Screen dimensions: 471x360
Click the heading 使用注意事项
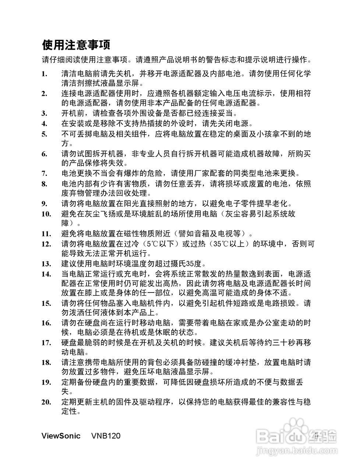(x=76, y=45)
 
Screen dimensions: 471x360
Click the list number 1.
(x=44, y=74)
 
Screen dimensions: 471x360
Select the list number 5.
(x=44, y=134)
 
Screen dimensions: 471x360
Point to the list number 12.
(x=46, y=244)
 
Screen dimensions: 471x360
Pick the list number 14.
(x=46, y=274)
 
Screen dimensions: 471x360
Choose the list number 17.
(x=46, y=343)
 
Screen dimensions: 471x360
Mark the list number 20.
(x=46, y=402)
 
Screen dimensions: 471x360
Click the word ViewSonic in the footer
(x=61, y=436)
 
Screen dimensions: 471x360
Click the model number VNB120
(x=105, y=436)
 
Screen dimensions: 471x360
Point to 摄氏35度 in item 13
(x=186, y=263)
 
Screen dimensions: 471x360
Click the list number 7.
(x=44, y=174)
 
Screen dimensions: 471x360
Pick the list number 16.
(x=46, y=323)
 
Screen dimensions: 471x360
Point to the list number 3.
(x=44, y=113)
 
